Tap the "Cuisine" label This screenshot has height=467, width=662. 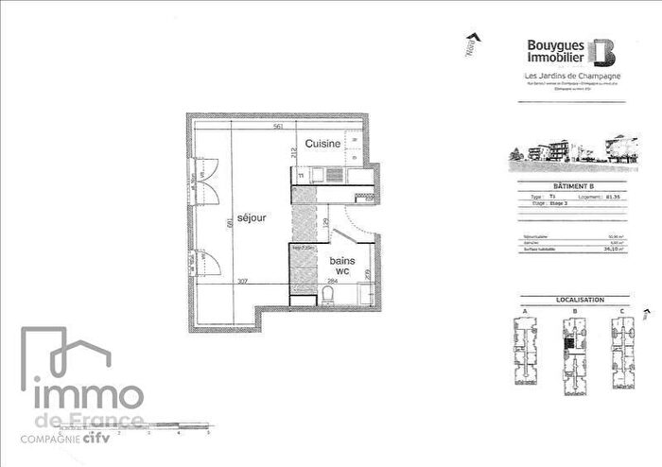click(x=322, y=144)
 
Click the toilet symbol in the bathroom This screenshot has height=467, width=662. click(x=326, y=298)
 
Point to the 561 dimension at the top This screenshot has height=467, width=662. click(x=278, y=126)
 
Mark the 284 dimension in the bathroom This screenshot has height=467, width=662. click(x=333, y=280)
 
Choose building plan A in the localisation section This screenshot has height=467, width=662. click(x=525, y=348)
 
